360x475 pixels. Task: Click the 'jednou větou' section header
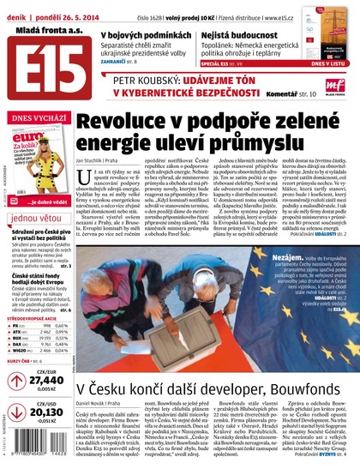37,219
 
